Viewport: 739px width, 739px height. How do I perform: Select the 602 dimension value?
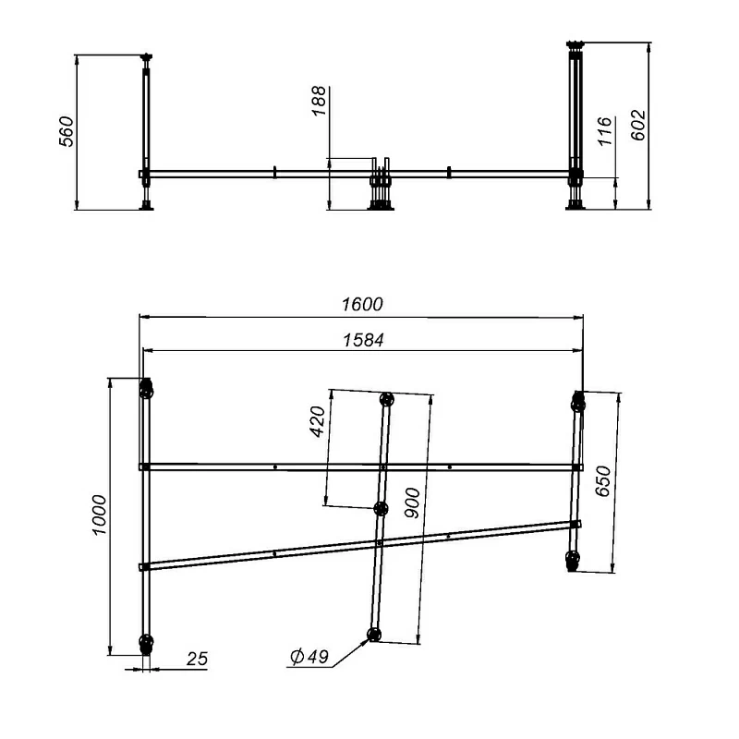click(637, 125)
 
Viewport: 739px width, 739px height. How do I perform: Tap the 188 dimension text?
click(319, 102)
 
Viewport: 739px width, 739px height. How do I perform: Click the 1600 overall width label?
click(361, 304)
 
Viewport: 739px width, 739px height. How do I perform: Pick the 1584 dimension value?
click(361, 339)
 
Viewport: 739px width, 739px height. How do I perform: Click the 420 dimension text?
click(317, 422)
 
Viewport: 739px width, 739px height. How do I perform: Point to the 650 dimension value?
click(603, 482)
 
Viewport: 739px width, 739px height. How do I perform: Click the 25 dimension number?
click(197, 659)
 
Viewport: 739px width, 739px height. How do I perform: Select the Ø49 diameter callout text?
click(309, 657)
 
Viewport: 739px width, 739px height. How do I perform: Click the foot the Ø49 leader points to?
click(374, 634)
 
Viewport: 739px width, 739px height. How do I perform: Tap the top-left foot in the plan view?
click(145, 390)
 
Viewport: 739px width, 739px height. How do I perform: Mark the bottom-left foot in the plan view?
click(145, 643)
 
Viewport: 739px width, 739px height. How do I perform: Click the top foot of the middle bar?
click(387, 401)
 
